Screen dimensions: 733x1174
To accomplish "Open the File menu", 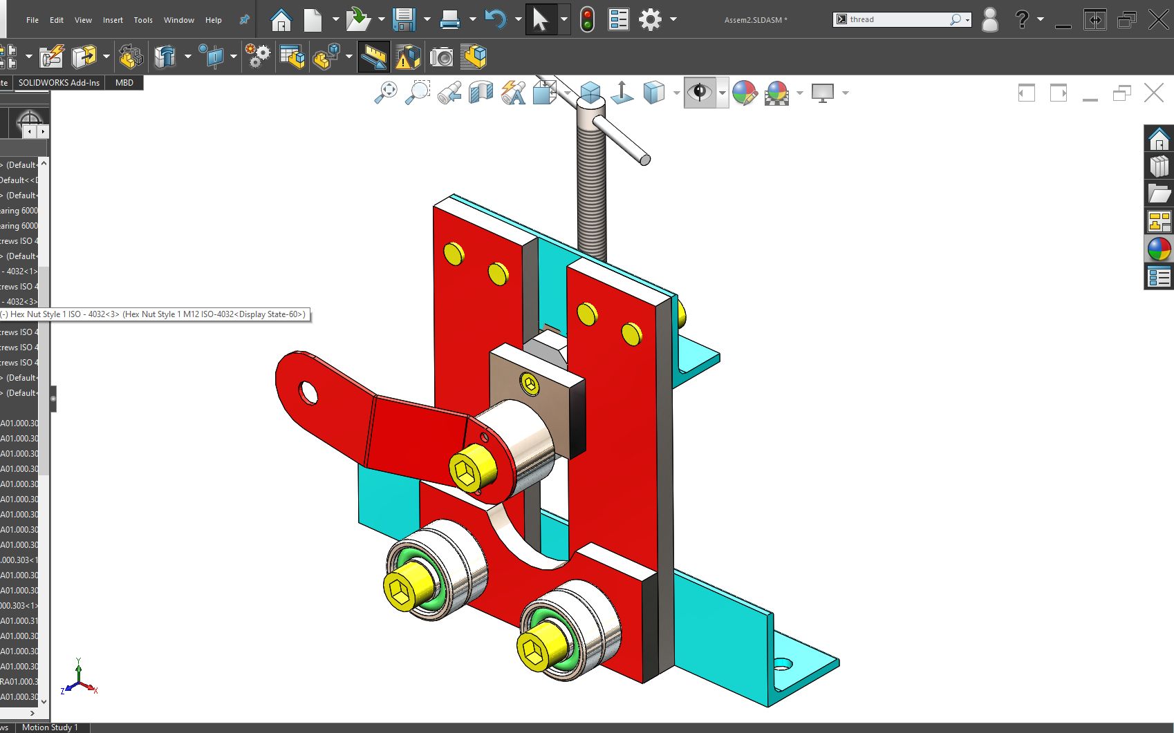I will [32, 20].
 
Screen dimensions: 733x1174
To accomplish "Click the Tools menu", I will [143, 20].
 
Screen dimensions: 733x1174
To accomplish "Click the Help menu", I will [214, 20].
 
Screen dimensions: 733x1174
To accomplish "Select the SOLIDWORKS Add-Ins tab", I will [59, 82].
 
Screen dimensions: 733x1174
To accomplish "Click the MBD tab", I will [124, 82].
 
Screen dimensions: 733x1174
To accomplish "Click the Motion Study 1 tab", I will [50, 727].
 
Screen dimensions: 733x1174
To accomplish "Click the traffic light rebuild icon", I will [587, 19].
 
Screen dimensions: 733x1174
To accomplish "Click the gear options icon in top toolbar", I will [650, 19].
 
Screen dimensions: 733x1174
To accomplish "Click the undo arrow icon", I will [495, 19].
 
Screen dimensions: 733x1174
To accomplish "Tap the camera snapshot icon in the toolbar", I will [441, 57].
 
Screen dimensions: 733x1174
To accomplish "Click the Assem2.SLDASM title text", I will [756, 20].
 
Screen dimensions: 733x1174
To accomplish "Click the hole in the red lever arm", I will [308, 393].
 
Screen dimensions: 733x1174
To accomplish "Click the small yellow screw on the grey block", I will [530, 384].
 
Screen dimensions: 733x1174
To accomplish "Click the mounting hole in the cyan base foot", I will [782, 665].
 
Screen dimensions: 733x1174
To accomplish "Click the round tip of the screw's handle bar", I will [644, 160].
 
